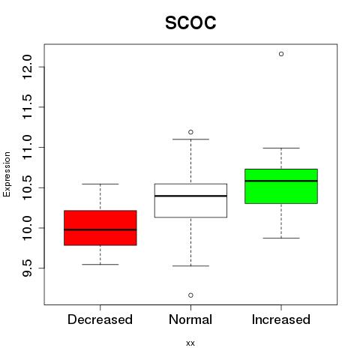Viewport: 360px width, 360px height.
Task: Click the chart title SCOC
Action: coord(190,22)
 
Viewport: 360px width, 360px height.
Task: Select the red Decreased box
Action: coord(100,228)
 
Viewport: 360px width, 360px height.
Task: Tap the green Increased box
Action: coord(281,186)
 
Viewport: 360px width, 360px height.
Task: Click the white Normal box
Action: coord(190,200)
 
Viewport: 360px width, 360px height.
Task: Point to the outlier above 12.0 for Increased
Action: coord(281,54)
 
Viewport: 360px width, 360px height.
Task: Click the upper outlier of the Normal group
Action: coord(190,132)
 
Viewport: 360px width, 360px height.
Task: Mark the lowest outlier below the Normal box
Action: coord(190,295)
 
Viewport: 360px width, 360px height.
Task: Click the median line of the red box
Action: coord(100,229)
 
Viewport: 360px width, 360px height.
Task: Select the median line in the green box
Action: coord(281,181)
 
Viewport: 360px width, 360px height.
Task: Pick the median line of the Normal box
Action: coord(190,196)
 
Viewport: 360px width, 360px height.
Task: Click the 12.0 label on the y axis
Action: coord(27,67)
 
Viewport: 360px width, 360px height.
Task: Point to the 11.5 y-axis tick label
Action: coord(27,107)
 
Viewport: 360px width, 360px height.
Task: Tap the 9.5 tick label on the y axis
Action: coord(27,268)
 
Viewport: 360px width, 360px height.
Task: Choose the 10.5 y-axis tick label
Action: coord(27,187)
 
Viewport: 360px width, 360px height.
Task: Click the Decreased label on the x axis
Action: coord(100,319)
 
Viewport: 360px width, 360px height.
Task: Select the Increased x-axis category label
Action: coord(281,319)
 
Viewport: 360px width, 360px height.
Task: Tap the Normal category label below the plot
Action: coord(190,319)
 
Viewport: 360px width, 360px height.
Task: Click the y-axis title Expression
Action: coord(7,174)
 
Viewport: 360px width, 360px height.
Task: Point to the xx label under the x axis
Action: coord(190,343)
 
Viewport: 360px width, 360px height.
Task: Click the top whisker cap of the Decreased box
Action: coord(100,184)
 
